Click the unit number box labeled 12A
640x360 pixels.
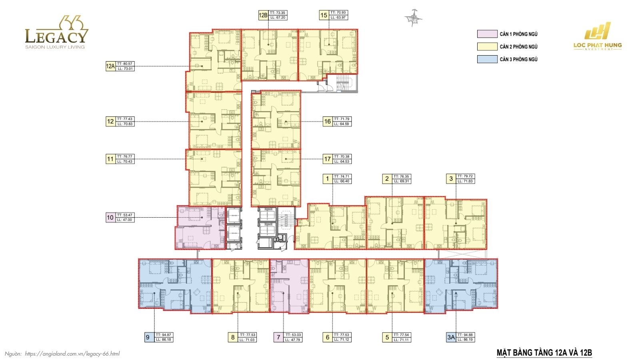click(110, 66)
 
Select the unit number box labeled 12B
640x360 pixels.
click(263, 16)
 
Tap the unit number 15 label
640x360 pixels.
click(324, 16)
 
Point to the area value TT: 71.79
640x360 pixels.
click(342, 119)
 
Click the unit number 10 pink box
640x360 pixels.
click(110, 218)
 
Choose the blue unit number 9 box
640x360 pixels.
click(148, 338)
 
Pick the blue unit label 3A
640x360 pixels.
click(451, 338)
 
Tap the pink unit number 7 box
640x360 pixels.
click(278, 338)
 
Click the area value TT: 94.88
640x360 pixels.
click(465, 335)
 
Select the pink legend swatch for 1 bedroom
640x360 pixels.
click(487, 34)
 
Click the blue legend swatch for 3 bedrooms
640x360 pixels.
click(487, 59)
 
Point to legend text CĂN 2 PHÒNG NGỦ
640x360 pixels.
click(518, 47)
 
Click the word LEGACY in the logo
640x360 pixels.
click(56, 36)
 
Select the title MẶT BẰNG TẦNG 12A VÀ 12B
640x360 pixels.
click(544, 353)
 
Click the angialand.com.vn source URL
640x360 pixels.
click(72, 354)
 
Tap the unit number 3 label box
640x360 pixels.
click(451, 179)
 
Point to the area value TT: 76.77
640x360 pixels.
click(125, 157)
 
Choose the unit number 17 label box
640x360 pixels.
click(327, 159)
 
